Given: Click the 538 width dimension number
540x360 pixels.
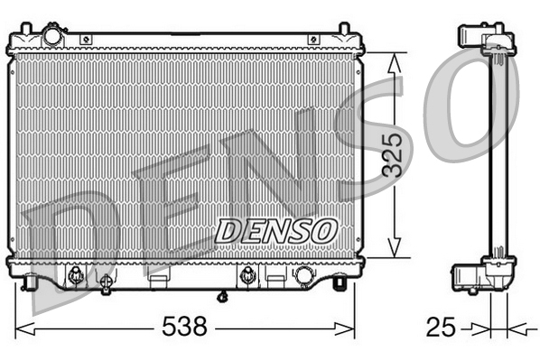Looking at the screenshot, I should (x=184, y=325).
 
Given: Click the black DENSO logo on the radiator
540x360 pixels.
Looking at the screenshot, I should (x=275, y=229).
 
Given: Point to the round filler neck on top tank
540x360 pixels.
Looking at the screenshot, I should (x=51, y=35).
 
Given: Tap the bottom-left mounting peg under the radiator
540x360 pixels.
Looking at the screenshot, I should (x=32, y=284).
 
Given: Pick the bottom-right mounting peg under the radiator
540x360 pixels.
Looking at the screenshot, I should (x=339, y=283).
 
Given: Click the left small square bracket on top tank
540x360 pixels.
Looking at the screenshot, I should (x=87, y=39).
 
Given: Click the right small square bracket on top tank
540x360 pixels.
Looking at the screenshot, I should (x=312, y=39).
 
